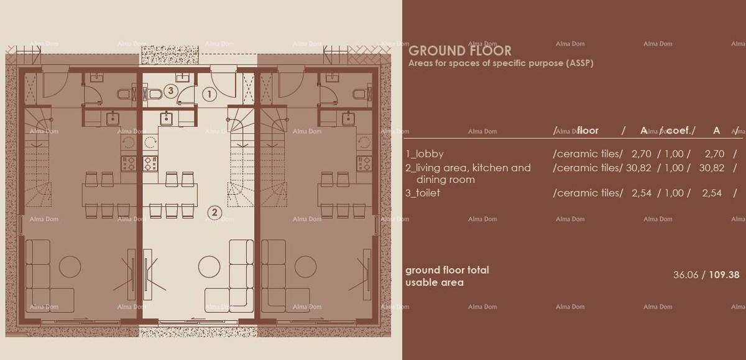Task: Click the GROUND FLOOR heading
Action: pos(460,51)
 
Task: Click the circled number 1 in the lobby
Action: pos(210,95)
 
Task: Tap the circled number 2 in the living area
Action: pos(214,213)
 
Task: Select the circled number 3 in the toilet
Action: pos(171,91)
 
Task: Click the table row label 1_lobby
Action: pos(425,154)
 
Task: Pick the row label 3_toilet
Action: pos(423,193)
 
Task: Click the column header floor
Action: pos(587,131)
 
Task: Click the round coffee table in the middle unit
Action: pos(209,267)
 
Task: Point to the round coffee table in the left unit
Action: pos(70,267)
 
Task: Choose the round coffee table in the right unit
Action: pos(305,267)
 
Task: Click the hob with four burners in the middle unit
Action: pos(150,164)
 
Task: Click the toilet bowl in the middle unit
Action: pos(155,95)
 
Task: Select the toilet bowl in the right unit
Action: pos(359,95)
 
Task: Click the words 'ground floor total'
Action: pos(447,270)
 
